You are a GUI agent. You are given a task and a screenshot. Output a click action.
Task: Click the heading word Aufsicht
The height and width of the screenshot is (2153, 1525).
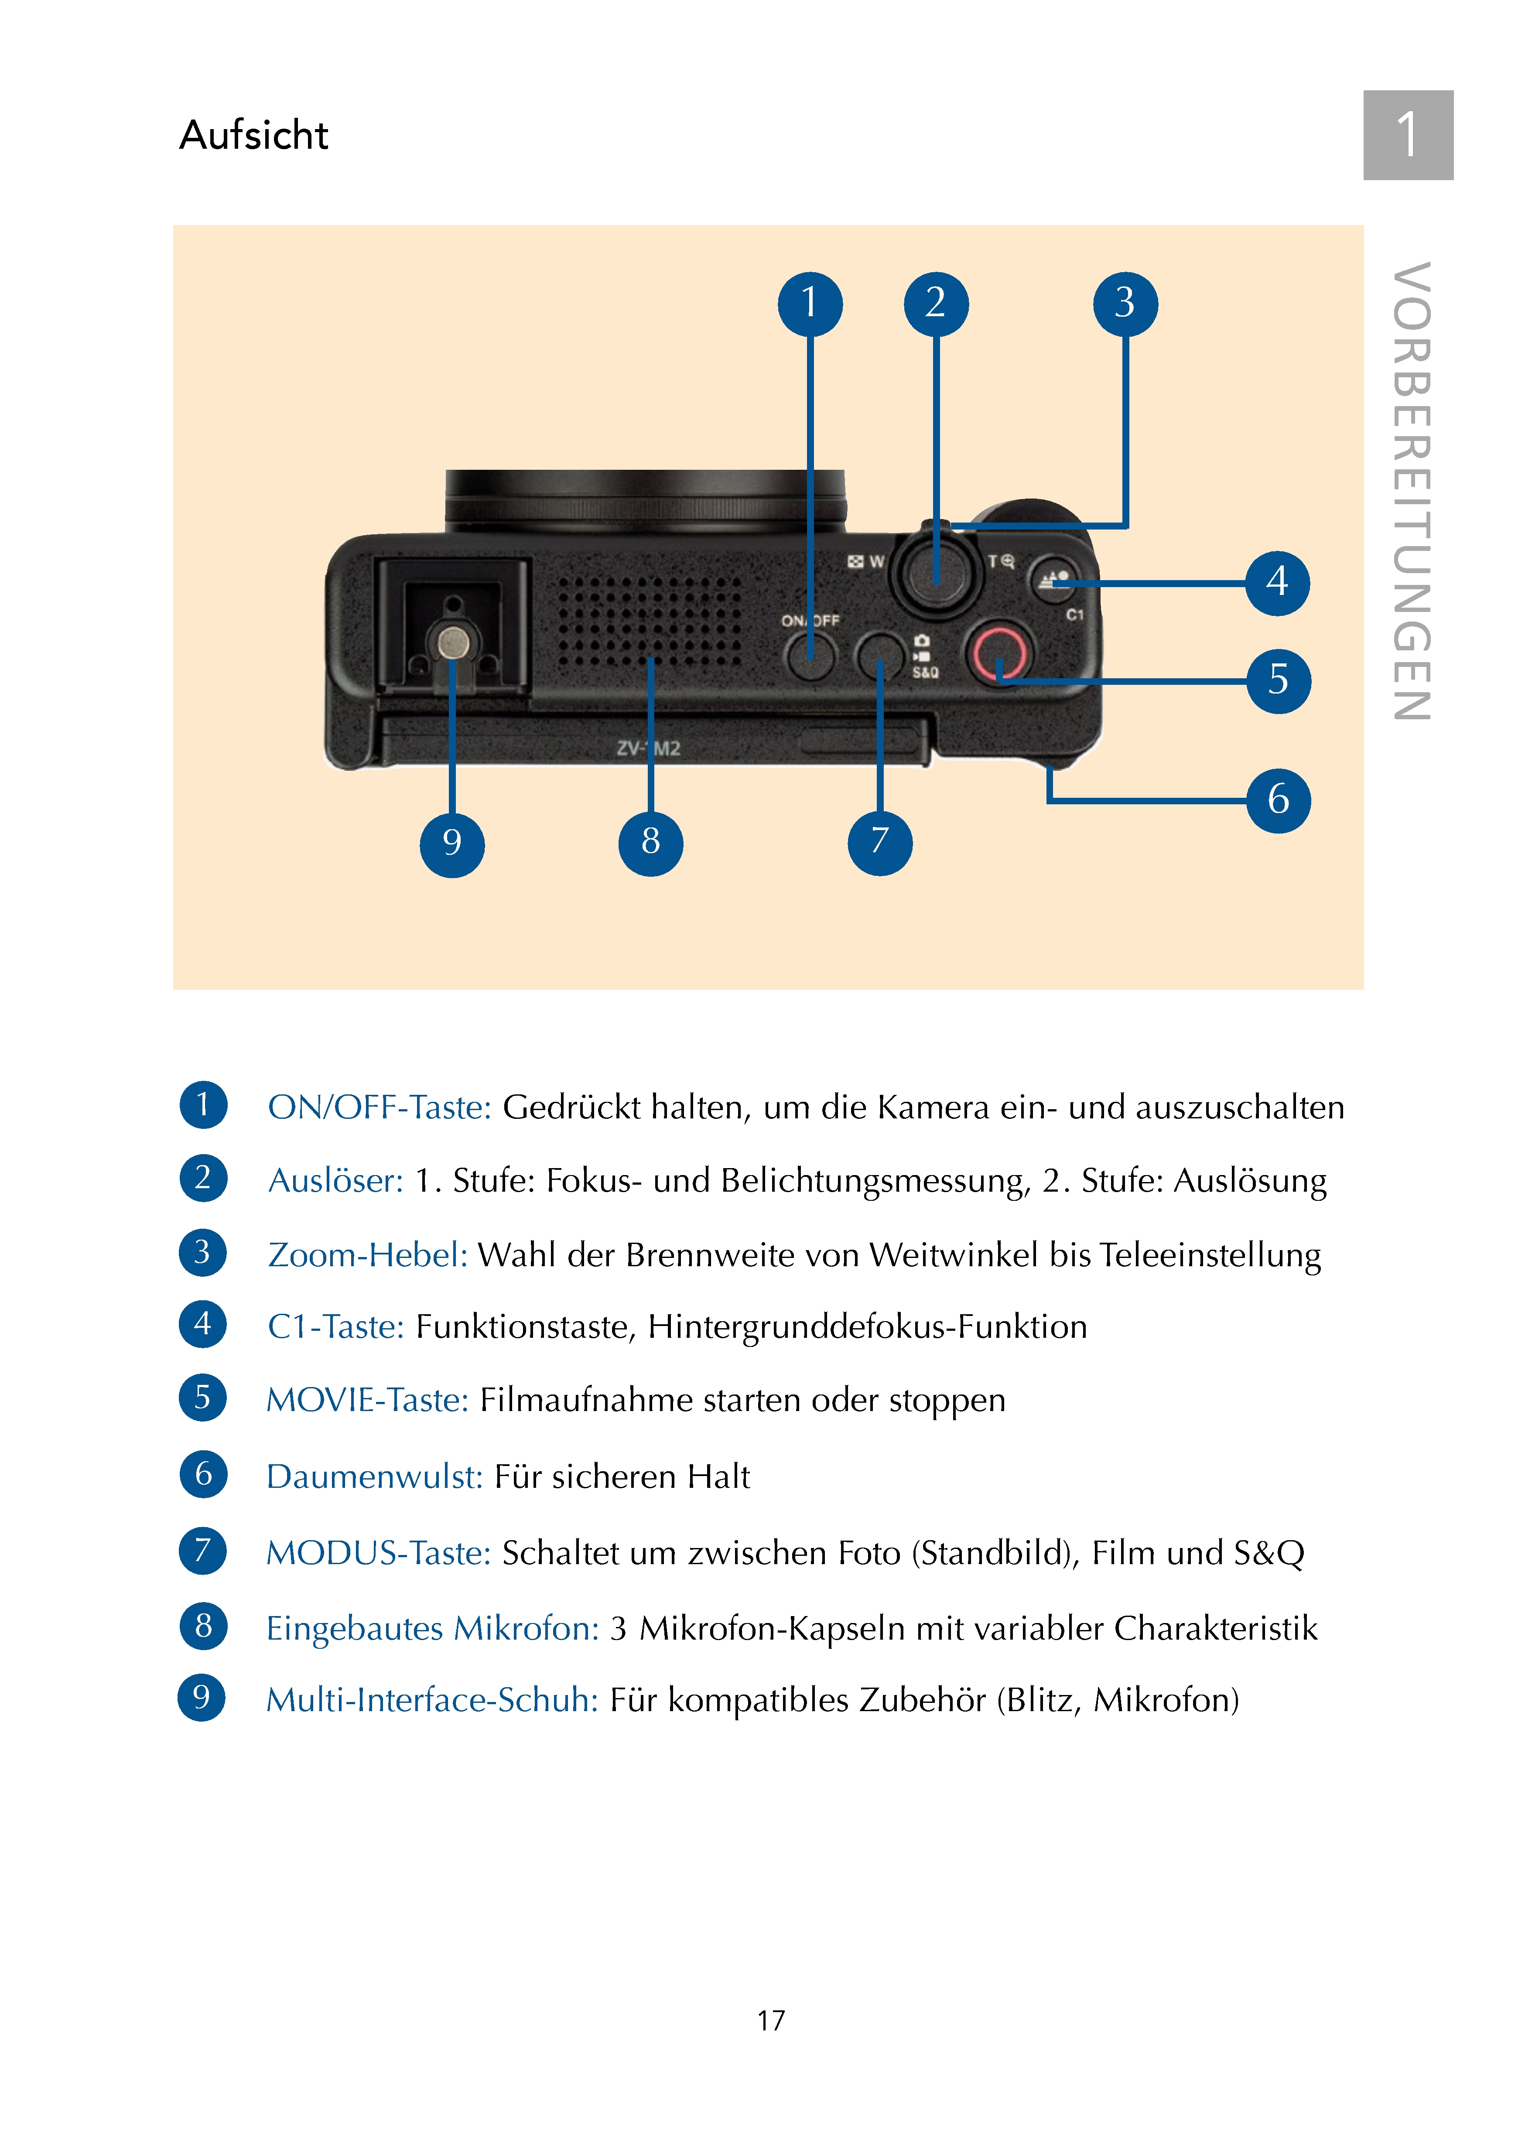click(253, 135)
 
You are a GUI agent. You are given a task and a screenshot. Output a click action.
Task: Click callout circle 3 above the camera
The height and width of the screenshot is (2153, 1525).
click(1125, 303)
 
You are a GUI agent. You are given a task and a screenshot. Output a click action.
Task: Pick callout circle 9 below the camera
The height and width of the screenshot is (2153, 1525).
click(451, 844)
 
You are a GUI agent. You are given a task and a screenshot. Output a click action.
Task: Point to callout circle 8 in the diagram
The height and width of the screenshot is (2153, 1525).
click(650, 842)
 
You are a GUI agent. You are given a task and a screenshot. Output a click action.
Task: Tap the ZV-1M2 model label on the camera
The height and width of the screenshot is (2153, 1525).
click(648, 748)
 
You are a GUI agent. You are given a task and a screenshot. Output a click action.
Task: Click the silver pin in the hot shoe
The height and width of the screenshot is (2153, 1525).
click(455, 642)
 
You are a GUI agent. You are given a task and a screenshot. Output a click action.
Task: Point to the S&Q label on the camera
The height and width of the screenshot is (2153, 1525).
click(925, 672)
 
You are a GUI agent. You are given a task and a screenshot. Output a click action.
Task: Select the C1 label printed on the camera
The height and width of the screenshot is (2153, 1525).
click(1074, 615)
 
